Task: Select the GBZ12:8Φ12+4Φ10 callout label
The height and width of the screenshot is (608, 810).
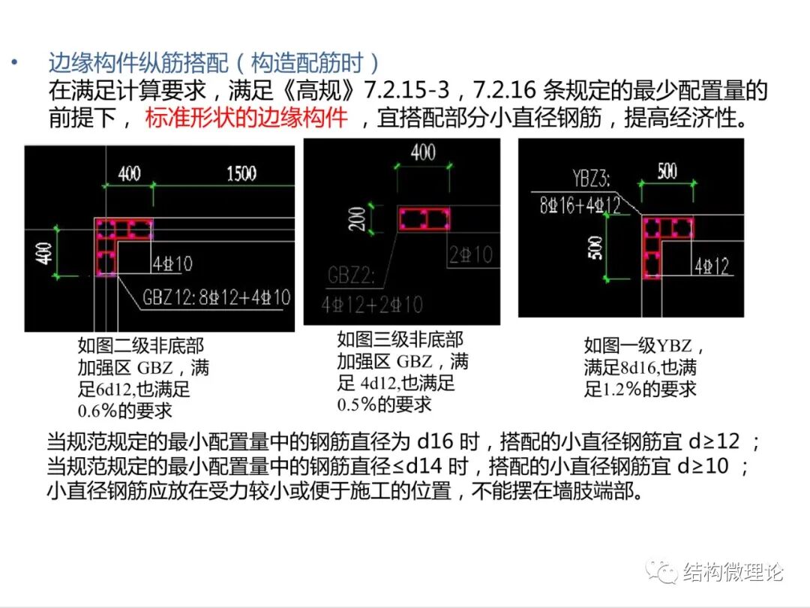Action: (x=216, y=297)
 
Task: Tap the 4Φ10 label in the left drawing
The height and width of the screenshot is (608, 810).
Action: (x=172, y=263)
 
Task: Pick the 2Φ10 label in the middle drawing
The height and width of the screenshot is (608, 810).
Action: (x=471, y=254)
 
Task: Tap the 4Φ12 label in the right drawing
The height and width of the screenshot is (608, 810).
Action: (x=712, y=266)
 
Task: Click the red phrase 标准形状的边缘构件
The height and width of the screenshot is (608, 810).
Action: (x=247, y=118)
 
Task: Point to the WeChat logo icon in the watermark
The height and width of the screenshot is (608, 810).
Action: (x=663, y=572)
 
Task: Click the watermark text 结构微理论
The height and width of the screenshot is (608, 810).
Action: (x=733, y=573)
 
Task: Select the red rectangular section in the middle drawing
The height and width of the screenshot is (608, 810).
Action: (x=424, y=219)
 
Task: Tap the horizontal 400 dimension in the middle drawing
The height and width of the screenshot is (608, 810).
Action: (x=423, y=152)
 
